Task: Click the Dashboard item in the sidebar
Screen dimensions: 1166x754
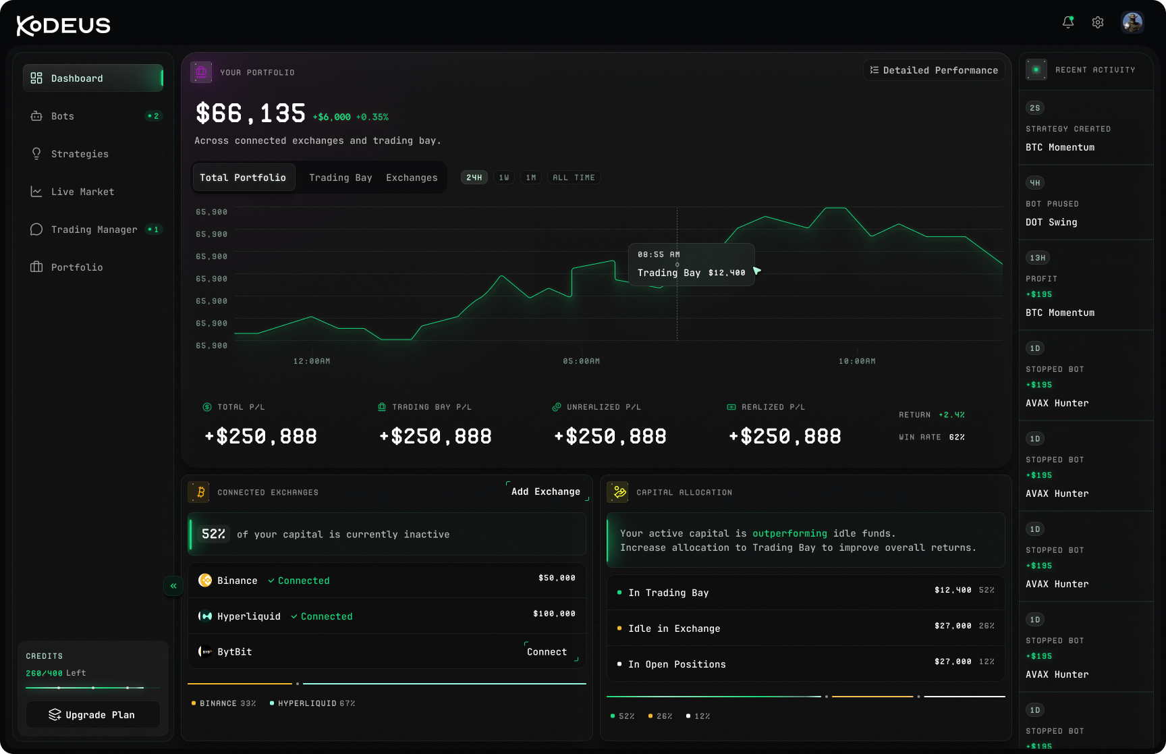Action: pyautogui.click(x=93, y=78)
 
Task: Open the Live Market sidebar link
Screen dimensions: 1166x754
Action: pyautogui.click(x=82, y=192)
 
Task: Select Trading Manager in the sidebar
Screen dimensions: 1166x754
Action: pyautogui.click(x=94, y=230)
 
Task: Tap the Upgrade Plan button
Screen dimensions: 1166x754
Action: pyautogui.click(x=93, y=715)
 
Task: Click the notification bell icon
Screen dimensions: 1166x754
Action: pyautogui.click(x=1068, y=22)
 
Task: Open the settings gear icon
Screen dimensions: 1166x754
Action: pyautogui.click(x=1098, y=22)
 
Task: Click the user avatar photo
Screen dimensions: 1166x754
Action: pyautogui.click(x=1132, y=22)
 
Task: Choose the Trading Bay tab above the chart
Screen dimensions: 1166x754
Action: pyautogui.click(x=341, y=178)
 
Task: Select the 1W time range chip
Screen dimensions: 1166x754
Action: pyautogui.click(x=504, y=178)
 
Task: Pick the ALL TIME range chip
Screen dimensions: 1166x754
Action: pyautogui.click(x=574, y=178)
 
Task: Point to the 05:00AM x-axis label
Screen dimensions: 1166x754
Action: pyautogui.click(x=582, y=361)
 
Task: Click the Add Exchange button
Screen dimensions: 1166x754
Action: pyautogui.click(x=546, y=491)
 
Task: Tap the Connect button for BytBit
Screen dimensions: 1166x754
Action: pyautogui.click(x=547, y=651)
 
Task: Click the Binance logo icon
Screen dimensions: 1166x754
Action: pyautogui.click(x=205, y=580)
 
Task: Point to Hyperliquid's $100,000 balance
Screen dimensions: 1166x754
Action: pyautogui.click(x=554, y=614)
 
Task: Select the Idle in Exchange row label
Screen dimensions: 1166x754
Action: pyautogui.click(x=674, y=628)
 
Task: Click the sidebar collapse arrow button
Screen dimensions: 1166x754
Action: pyautogui.click(x=173, y=586)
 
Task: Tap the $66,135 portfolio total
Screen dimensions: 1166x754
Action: pyautogui.click(x=250, y=113)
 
